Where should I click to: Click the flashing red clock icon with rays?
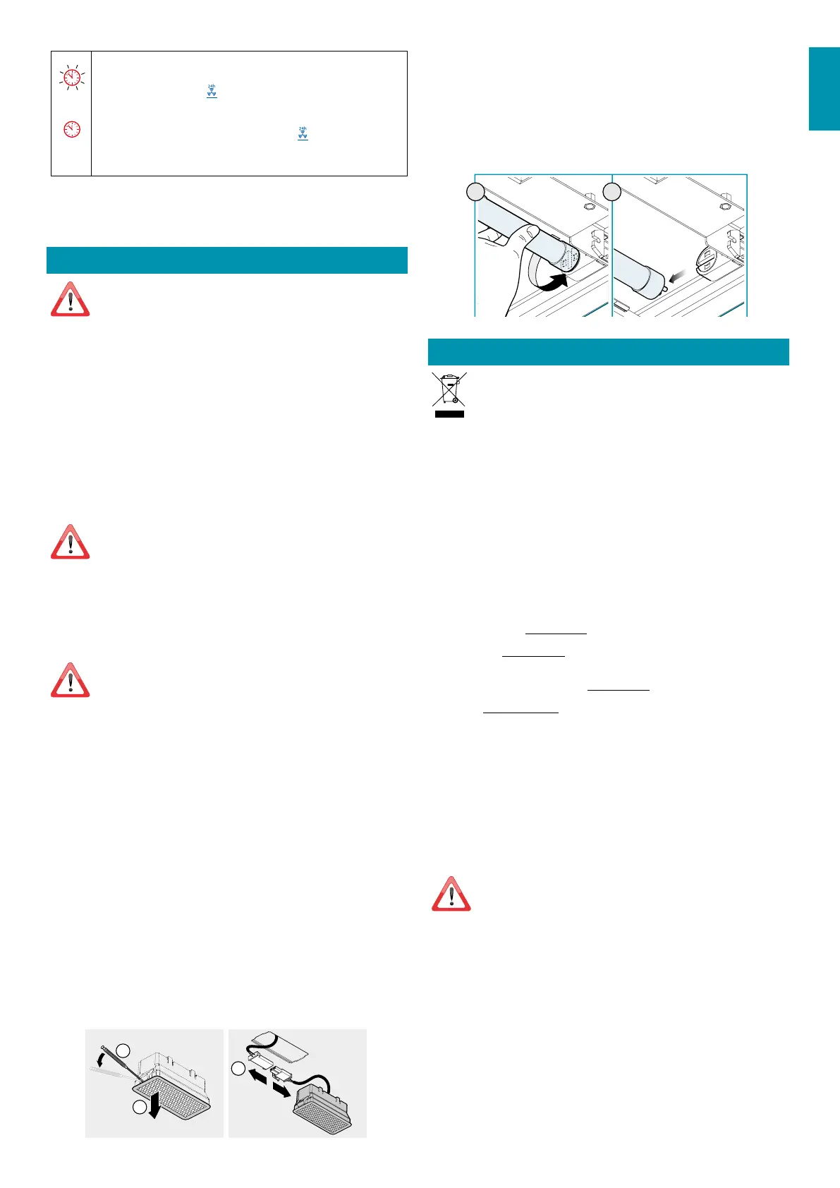tap(72, 78)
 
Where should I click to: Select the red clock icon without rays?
tap(72, 129)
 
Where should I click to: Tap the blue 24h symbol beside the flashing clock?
tap(212, 90)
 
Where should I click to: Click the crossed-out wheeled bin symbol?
tap(449, 389)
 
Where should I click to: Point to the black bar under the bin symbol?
tap(449, 413)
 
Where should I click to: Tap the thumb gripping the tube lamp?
tap(525, 236)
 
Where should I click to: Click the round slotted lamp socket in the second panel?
tap(706, 262)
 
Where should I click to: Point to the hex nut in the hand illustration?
tap(588, 208)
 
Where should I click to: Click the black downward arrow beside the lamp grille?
tap(155, 1108)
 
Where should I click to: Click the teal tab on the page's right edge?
tap(824, 89)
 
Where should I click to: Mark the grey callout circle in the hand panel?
tap(477, 192)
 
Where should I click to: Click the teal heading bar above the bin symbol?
tap(608, 352)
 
